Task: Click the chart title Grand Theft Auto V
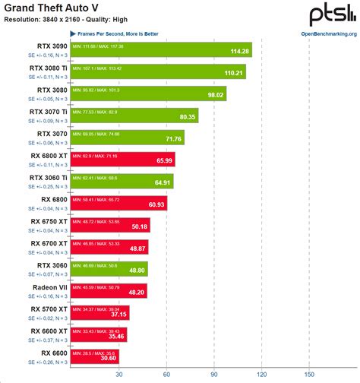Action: tap(55, 8)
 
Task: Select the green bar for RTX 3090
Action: tap(159, 50)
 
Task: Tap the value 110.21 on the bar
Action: tap(233, 74)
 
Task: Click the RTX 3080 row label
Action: tap(49, 90)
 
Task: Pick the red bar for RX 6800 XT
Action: tap(122, 159)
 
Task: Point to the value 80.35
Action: tap(187, 118)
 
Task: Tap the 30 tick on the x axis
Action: tap(119, 374)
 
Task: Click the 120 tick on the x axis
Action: tap(262, 374)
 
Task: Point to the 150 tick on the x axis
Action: tap(309, 374)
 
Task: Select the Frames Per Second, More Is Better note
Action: tap(115, 34)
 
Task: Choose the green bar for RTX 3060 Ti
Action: tap(121, 181)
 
